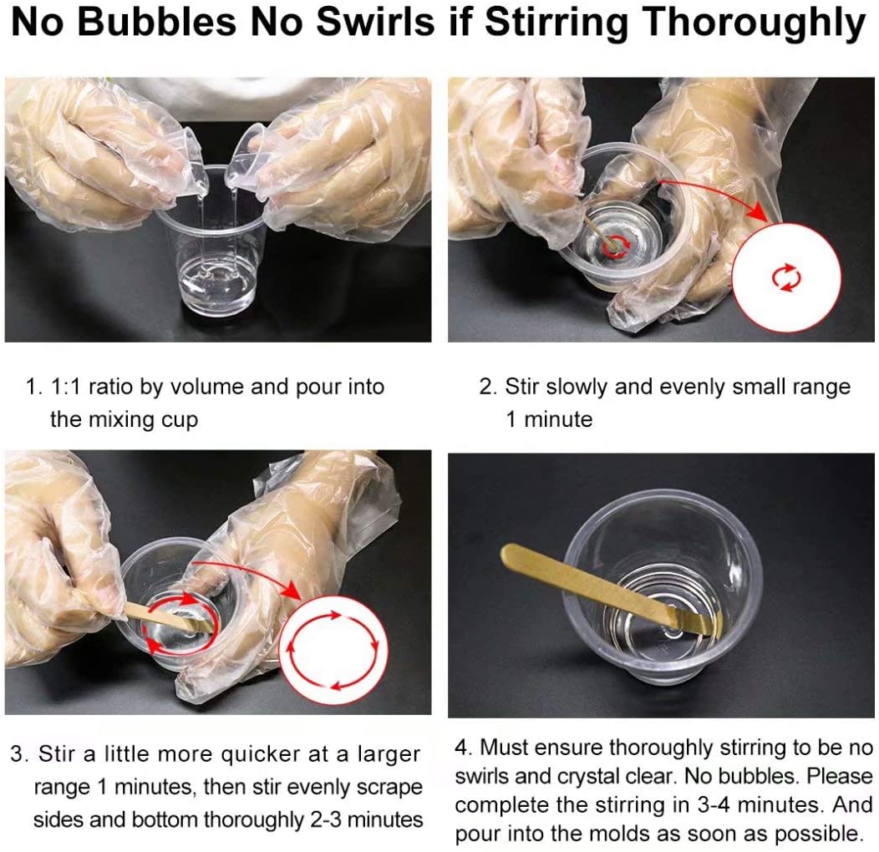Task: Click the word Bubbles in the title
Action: (156, 23)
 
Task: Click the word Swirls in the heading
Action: (374, 23)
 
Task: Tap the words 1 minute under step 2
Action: (549, 419)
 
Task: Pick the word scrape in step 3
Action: (389, 788)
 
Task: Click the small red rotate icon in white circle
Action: (786, 277)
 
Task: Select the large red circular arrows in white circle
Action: (333, 650)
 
